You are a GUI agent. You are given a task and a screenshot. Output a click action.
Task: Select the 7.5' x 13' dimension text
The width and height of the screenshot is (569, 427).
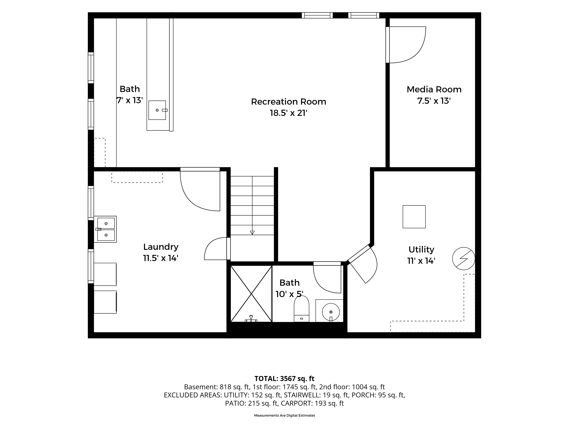click(434, 101)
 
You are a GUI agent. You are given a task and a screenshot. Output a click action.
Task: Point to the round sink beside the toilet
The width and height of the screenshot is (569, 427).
click(331, 312)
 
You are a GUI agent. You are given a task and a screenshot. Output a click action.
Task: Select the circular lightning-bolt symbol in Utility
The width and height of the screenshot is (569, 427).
click(464, 258)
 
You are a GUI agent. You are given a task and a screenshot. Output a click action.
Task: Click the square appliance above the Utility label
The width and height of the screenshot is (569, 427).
click(414, 217)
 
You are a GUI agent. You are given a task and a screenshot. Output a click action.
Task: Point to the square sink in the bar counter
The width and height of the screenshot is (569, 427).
click(157, 110)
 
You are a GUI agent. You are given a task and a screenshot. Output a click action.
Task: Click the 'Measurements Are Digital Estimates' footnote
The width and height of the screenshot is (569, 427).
click(284, 415)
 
